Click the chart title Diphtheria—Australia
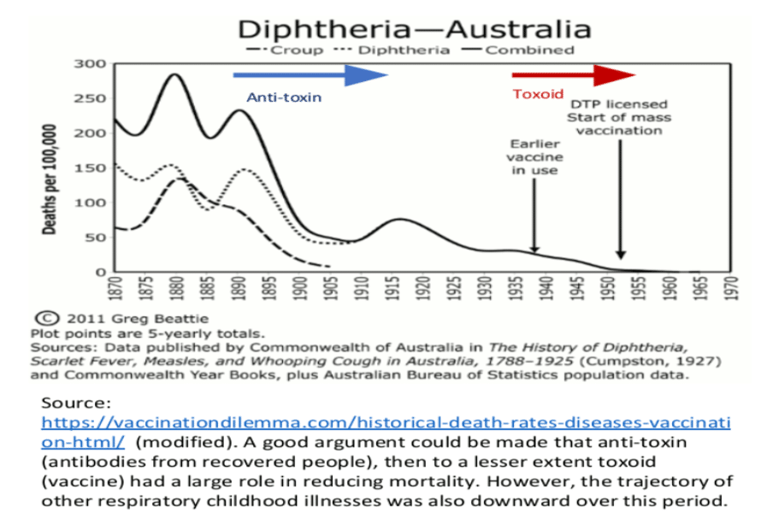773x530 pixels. point(414,28)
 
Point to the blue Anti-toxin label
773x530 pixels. point(284,97)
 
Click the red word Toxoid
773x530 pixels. point(537,94)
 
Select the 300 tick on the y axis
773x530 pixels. point(89,64)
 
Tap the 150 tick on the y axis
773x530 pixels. point(89,168)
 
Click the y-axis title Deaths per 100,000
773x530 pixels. point(51,181)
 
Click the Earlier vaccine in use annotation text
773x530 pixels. point(534,157)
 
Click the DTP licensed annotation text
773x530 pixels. point(619,117)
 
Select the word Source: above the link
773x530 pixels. point(72,402)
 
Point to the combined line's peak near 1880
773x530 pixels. point(174,74)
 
